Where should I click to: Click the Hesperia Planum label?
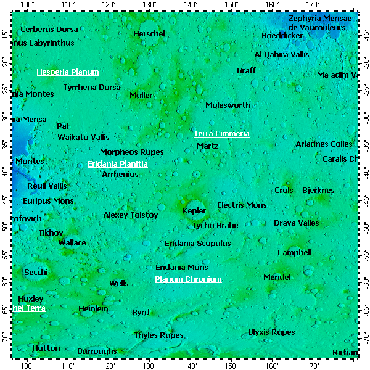point(68,72)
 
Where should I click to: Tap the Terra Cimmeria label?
point(222,134)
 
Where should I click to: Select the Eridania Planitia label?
point(118,164)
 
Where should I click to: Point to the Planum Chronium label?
point(188,279)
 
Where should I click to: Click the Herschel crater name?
point(149,34)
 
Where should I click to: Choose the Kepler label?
point(195,211)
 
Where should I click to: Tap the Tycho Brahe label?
point(215,226)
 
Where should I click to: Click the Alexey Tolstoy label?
point(131,215)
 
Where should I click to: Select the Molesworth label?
point(228,105)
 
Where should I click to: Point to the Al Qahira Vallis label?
point(282,55)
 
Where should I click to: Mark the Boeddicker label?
point(282,36)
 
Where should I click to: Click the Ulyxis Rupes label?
point(271,332)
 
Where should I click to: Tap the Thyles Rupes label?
point(159,335)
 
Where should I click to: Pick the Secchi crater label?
point(35,272)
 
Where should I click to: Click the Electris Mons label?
point(242,205)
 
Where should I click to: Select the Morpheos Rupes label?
point(132,152)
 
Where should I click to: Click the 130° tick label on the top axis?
point(149,5)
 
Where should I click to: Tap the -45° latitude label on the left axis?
point(6,200)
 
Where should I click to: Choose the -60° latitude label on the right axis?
point(364,282)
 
